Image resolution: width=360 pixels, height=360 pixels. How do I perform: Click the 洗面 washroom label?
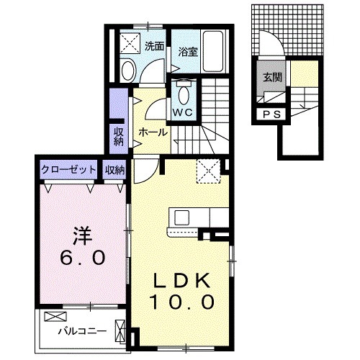point(154,45)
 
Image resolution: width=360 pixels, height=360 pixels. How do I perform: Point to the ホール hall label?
point(153,132)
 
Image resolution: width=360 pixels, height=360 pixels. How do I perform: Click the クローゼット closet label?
point(68,170)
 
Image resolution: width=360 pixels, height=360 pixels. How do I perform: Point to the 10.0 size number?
point(181,302)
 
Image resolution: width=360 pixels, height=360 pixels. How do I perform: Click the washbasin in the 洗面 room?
point(128,70)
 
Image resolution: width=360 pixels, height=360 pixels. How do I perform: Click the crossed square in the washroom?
point(131,42)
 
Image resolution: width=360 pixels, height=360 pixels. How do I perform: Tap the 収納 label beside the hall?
point(117,137)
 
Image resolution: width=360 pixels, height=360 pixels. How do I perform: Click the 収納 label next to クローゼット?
point(114,170)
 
